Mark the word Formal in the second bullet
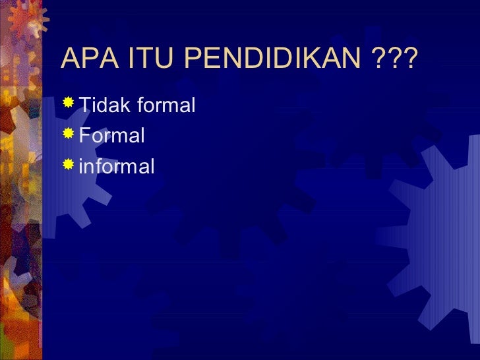pos(111,136)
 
